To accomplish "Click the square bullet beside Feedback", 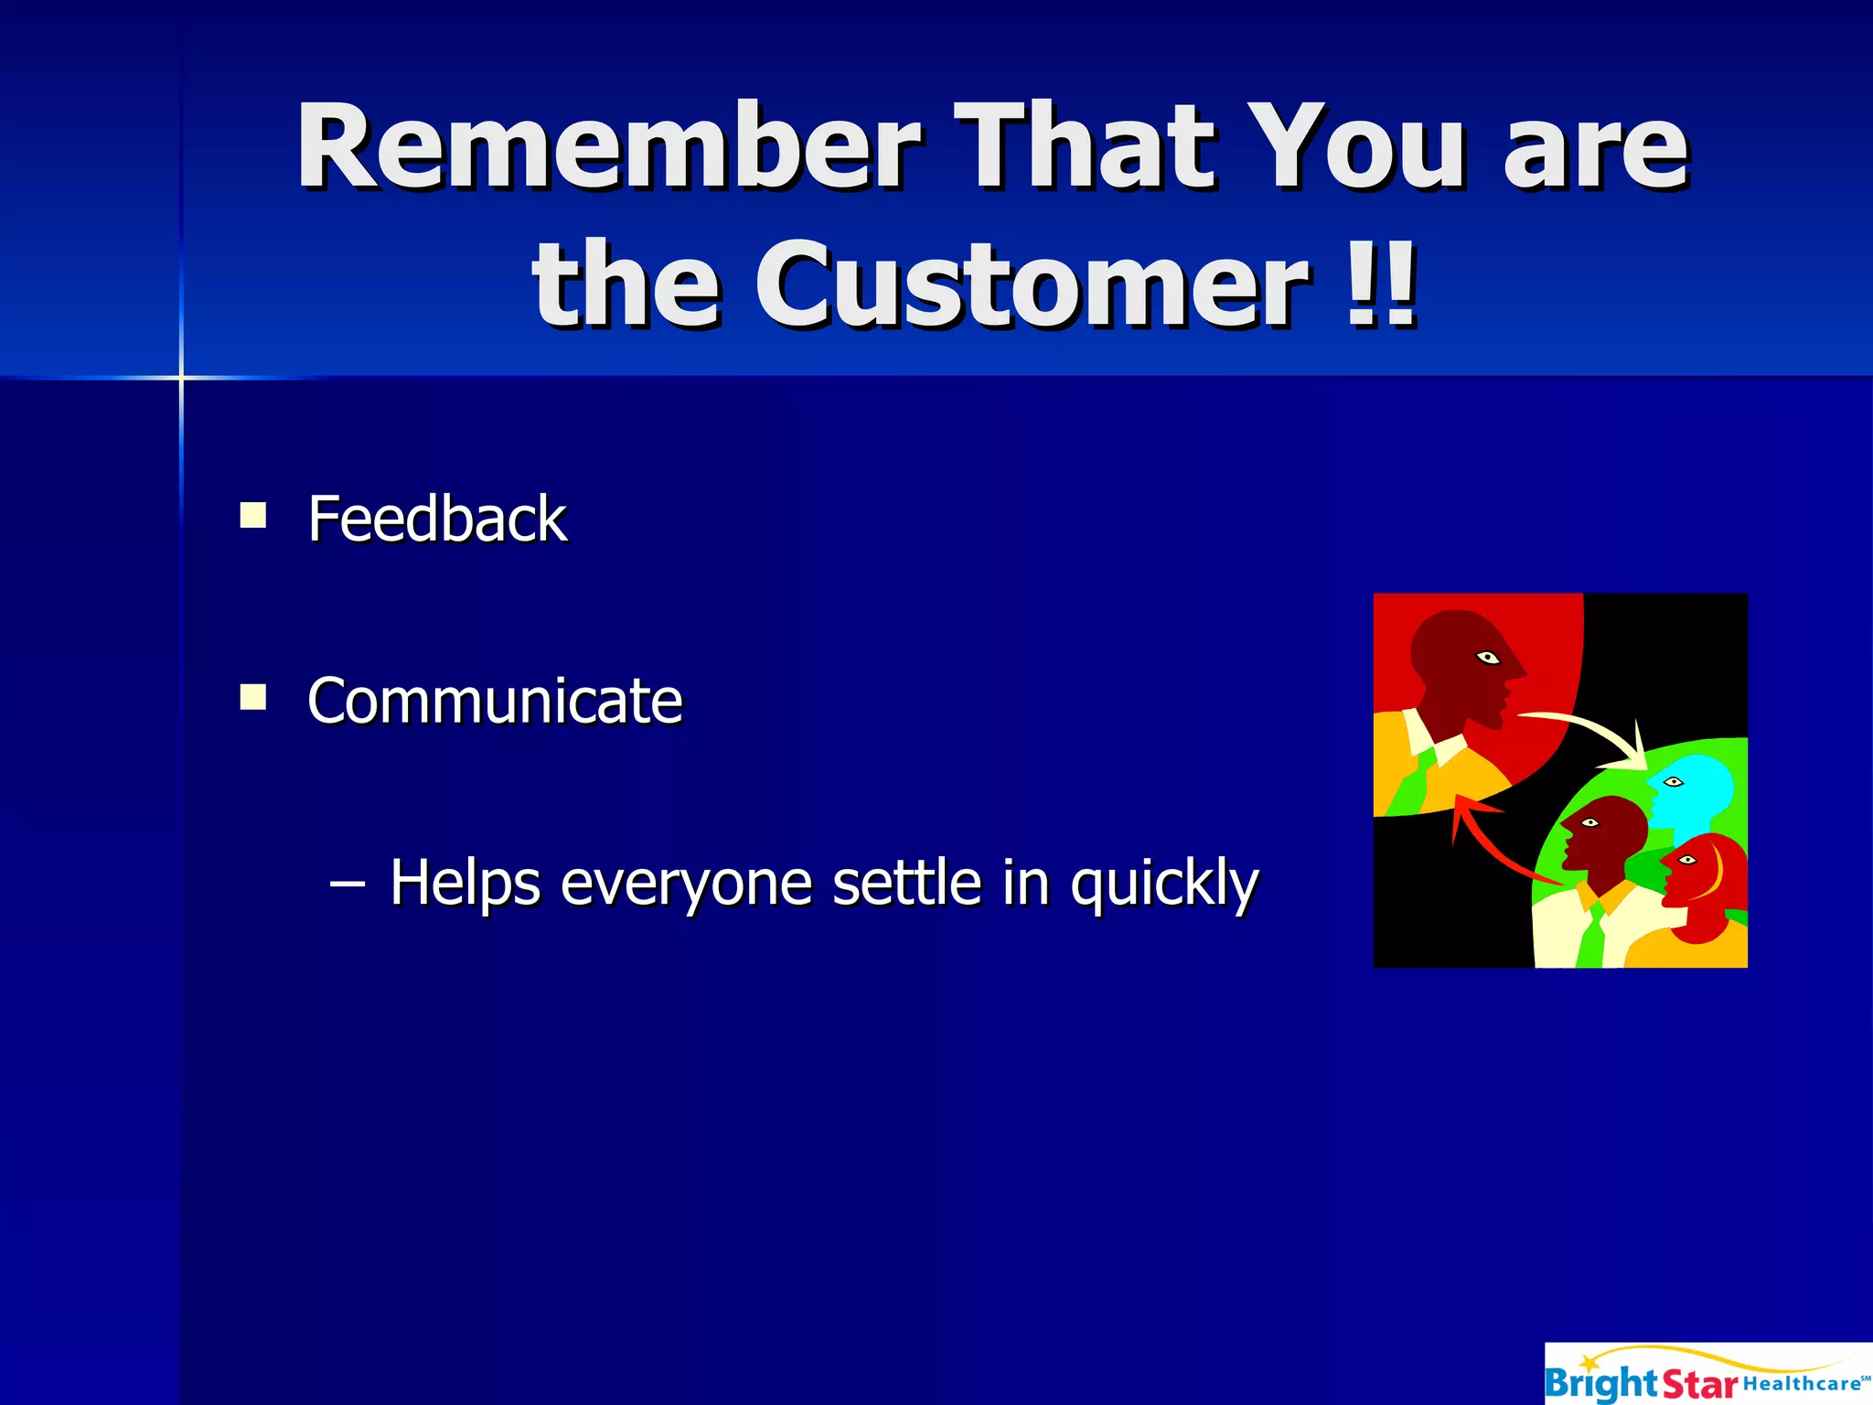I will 252,516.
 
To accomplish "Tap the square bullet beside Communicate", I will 252,698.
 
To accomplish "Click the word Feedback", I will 437,519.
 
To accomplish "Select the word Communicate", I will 495,701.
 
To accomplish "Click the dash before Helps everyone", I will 348,884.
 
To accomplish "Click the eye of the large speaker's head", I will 1488,657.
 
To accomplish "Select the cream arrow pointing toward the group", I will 1591,732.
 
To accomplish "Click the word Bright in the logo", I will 1600,1383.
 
